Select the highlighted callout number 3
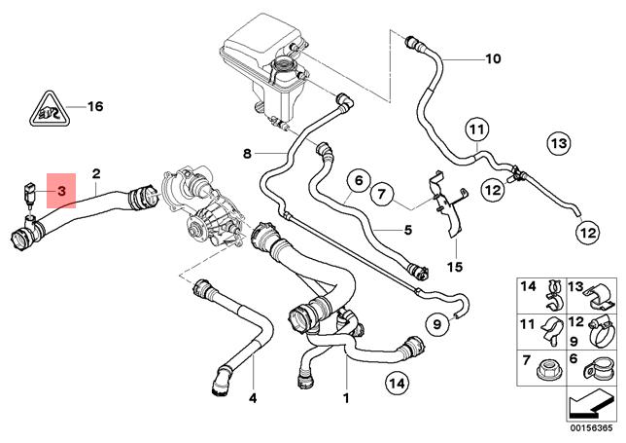pos(61,192)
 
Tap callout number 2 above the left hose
pos(96,175)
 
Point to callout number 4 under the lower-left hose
pos(253,397)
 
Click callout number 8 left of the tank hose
pos(247,153)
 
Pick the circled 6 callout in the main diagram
pos(357,181)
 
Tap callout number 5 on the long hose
pos(409,231)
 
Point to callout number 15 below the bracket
pos(455,266)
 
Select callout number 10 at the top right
pos(492,59)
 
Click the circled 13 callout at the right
pos(557,144)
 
